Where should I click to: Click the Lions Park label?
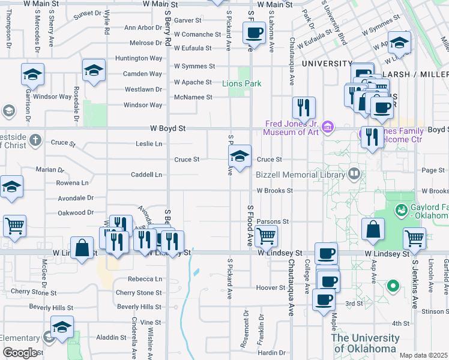241,83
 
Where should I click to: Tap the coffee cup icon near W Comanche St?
254,32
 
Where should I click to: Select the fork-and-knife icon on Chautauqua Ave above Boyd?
304,107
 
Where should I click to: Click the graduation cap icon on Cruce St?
240,157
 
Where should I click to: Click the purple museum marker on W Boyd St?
328,127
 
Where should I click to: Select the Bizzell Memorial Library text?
300,175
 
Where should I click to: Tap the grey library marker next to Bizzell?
354,175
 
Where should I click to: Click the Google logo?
20,353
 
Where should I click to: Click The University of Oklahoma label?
364,343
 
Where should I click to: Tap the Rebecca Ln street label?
145,279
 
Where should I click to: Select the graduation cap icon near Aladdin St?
62,328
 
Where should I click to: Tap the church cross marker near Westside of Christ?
35,140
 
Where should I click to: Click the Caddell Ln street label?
146,175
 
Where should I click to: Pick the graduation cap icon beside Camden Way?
94,70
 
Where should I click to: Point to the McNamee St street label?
193,97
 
